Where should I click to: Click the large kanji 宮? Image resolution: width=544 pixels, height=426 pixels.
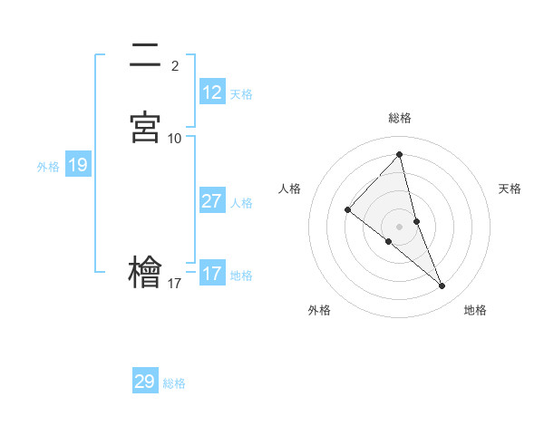pos(145,127)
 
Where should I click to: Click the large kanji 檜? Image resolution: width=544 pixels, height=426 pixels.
pos(145,272)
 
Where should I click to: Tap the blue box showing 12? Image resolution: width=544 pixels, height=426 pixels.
pos(212,92)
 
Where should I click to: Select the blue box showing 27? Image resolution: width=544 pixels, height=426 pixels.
pos(212,201)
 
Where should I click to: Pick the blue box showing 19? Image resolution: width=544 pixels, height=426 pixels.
pos(77,165)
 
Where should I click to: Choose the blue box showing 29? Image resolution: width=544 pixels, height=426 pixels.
pos(145,382)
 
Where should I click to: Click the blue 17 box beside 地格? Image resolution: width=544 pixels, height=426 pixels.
pos(212,274)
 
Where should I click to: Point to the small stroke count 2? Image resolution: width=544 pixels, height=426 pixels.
pos(174,65)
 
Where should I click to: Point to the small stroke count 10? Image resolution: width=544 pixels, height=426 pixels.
pos(175,139)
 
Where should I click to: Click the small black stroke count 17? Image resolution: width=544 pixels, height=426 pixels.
pos(175,284)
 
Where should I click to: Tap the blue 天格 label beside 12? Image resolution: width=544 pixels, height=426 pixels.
pos(241,94)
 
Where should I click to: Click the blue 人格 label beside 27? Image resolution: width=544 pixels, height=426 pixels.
pos(241,203)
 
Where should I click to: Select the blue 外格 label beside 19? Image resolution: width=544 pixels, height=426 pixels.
pos(48,167)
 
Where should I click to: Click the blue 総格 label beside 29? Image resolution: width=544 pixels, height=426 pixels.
pos(174,383)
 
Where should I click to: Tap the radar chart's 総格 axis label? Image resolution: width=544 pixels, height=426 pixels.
pos(399,118)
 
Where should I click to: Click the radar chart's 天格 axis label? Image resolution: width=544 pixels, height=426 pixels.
pos(510,189)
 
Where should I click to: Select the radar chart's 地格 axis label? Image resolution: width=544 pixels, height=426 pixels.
pos(475,310)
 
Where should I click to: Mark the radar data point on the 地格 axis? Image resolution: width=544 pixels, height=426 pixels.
pos(442,286)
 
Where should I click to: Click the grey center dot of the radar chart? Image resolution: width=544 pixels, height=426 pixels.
pos(399,226)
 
